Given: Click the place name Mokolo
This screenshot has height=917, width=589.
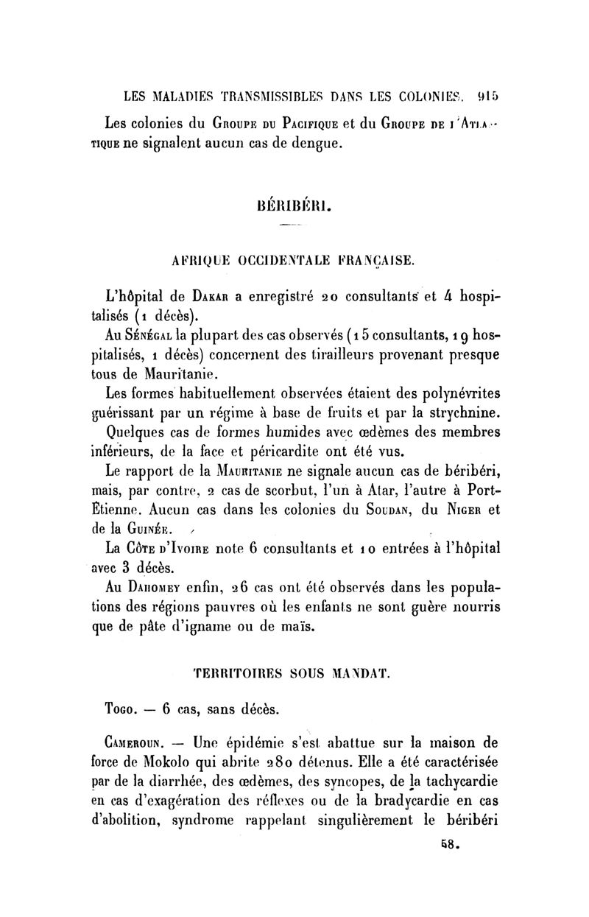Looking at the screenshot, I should (x=180, y=765).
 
